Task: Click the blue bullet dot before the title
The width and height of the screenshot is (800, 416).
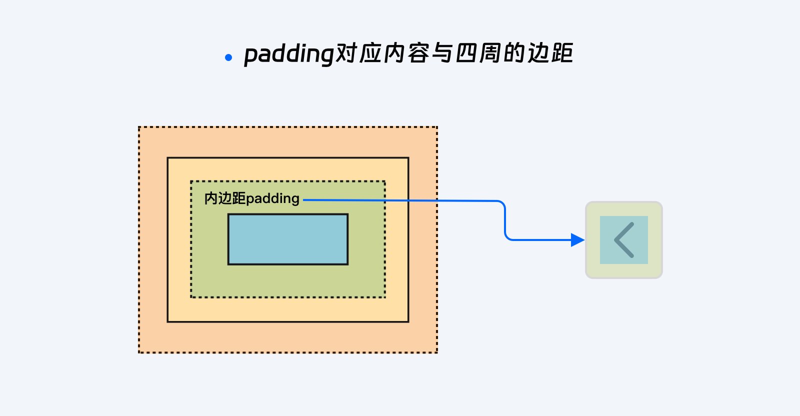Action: tap(228, 57)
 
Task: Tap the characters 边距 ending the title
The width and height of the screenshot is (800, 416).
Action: tap(550, 53)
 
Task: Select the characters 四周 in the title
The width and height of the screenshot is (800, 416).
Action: tap(478, 53)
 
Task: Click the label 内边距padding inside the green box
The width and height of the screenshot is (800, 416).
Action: tap(251, 198)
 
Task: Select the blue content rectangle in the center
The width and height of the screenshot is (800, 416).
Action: tap(288, 239)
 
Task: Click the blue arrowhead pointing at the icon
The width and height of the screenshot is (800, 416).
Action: tap(577, 240)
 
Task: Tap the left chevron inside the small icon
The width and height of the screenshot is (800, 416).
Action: tap(623, 240)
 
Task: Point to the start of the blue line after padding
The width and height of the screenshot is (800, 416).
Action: tap(305, 200)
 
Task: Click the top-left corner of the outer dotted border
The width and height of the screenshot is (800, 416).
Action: tap(139, 127)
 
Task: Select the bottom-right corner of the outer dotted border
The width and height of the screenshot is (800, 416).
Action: tap(437, 352)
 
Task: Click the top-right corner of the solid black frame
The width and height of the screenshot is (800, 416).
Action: tap(408, 158)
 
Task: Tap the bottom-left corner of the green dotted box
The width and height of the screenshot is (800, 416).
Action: tap(191, 297)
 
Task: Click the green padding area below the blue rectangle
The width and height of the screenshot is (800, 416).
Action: tap(288, 280)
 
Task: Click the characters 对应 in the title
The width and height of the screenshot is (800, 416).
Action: tap(358, 53)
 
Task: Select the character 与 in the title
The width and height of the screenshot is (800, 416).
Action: tap(442, 53)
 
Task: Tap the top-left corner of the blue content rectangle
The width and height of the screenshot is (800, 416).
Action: tap(229, 215)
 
